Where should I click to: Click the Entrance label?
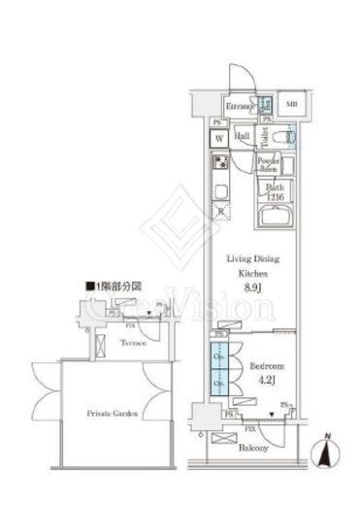point(239,106)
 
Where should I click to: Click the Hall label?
point(243,136)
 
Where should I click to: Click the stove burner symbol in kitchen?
point(220,162)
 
